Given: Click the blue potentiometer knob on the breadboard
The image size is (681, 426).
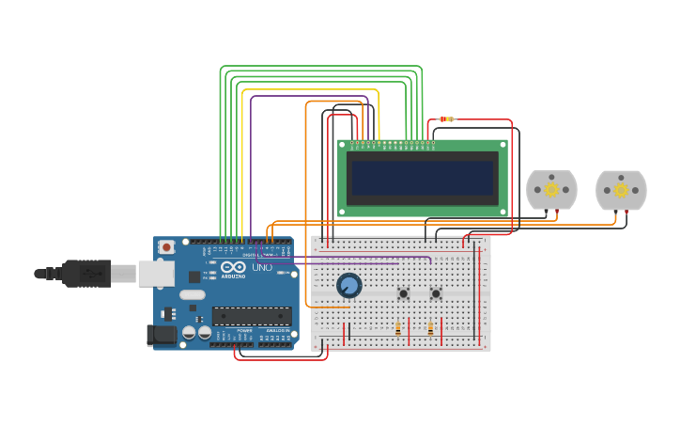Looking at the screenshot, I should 349,285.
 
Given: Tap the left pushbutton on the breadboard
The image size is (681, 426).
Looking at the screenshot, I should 404,293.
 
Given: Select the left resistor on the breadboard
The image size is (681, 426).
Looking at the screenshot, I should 398,329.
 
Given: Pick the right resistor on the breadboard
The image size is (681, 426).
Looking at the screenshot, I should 430,329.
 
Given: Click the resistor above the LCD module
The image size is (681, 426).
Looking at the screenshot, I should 446,119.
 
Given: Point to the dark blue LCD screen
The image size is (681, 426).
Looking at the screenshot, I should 423,178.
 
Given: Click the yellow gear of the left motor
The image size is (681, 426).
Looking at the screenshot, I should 551,190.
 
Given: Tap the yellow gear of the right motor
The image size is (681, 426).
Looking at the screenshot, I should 621,190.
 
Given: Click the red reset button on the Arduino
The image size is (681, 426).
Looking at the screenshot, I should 167,247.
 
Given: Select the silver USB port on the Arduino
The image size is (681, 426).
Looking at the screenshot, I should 156,274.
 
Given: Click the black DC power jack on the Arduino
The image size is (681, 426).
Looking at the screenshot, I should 162,334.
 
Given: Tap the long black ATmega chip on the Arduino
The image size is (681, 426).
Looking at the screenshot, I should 251,316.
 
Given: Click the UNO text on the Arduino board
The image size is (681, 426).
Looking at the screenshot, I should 262,268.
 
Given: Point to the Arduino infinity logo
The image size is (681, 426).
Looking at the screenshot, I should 232,268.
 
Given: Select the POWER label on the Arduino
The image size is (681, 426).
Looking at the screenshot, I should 244,331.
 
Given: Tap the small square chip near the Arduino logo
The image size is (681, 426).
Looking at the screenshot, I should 194,276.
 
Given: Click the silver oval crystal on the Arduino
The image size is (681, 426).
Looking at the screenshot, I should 193,294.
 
